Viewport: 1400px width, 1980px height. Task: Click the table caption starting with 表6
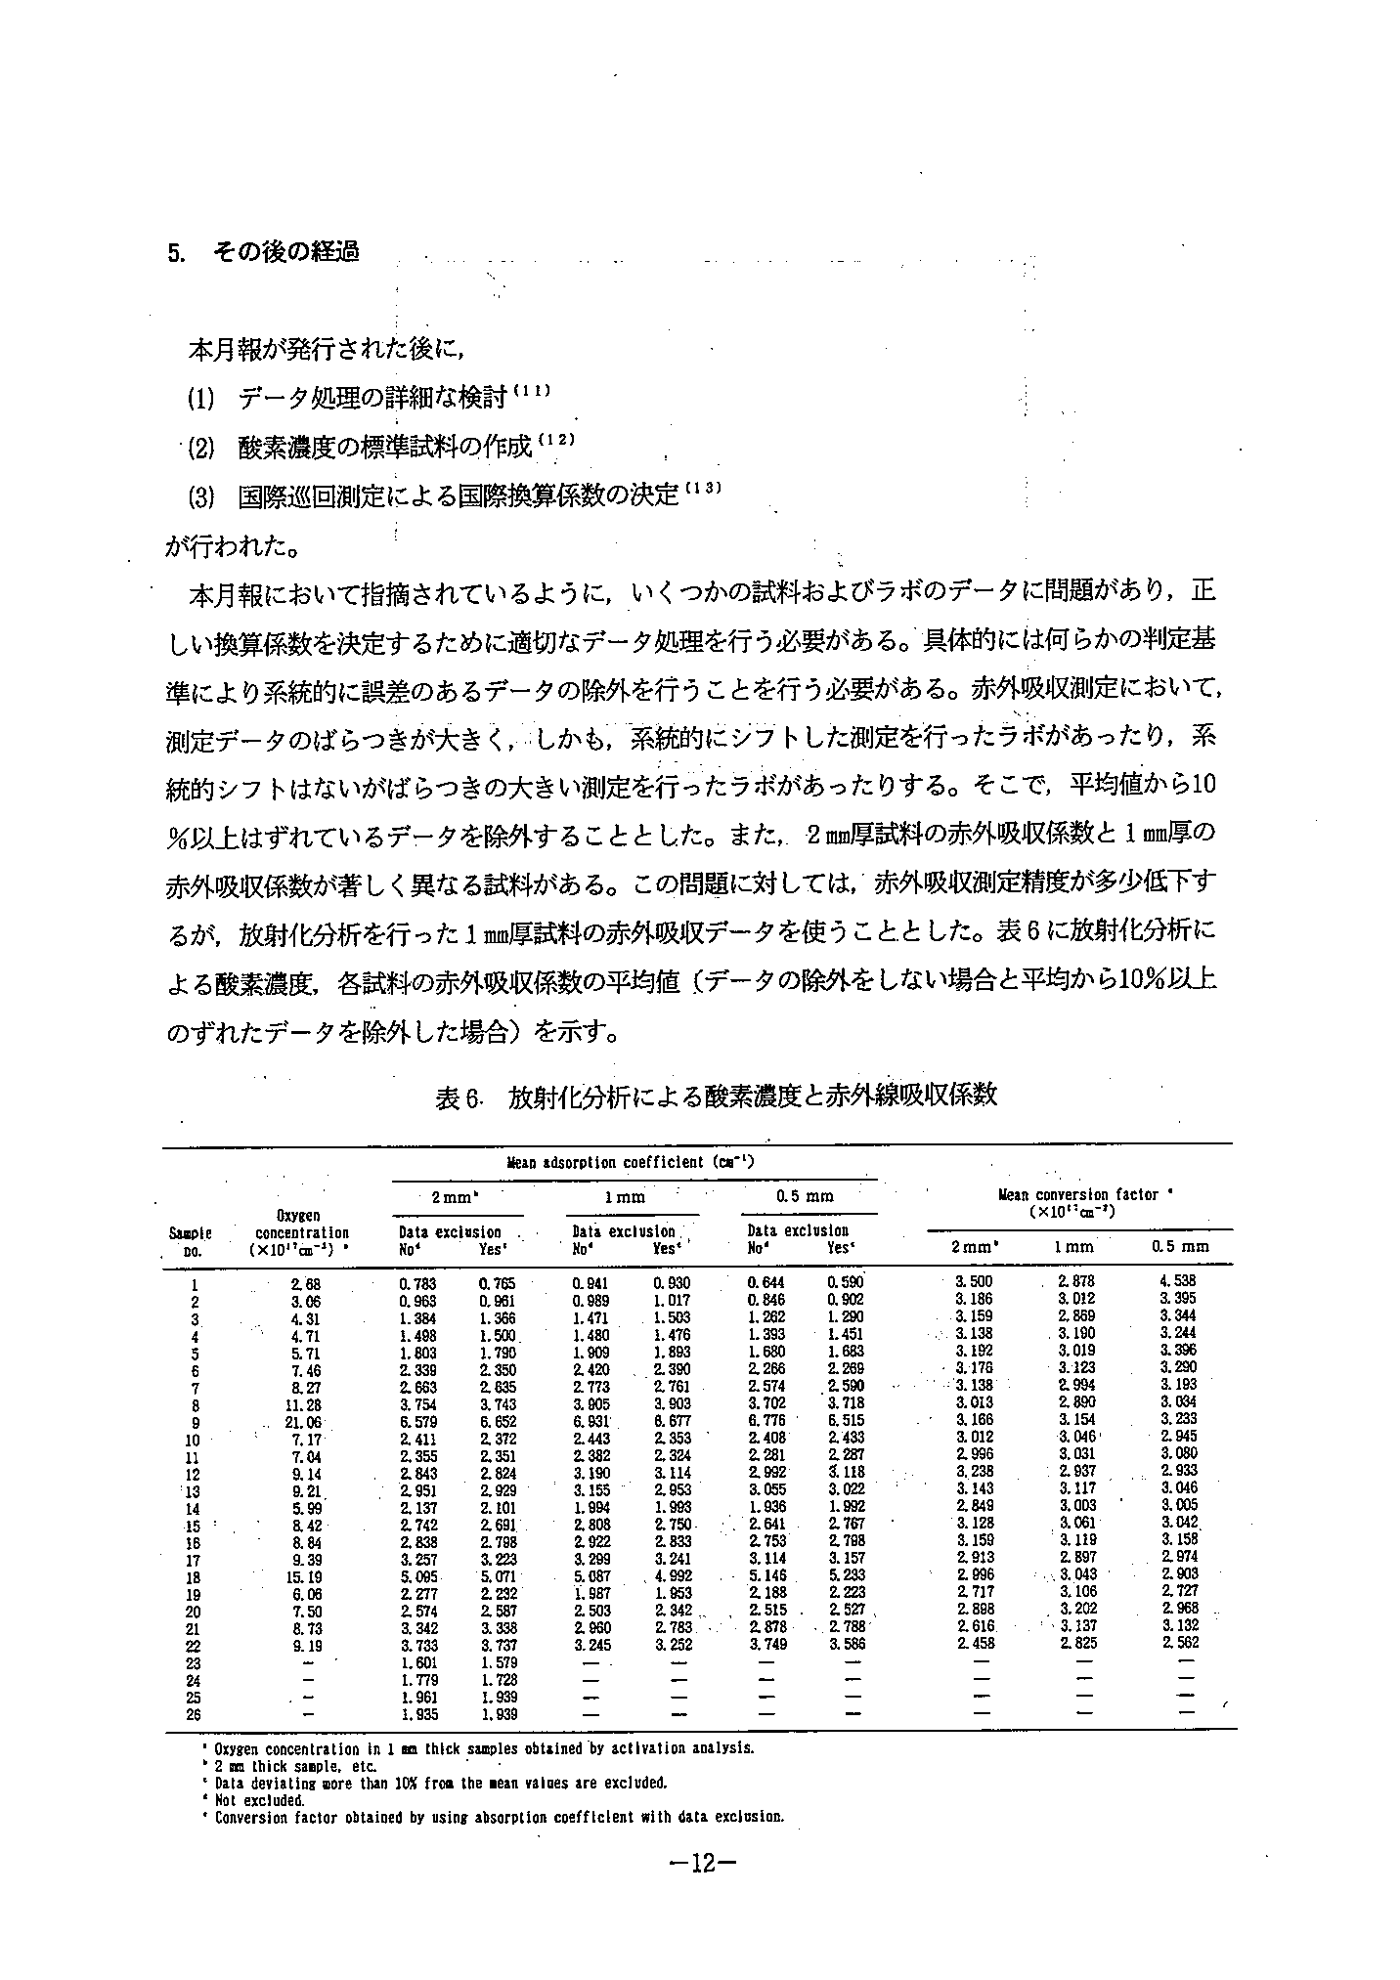pyautogui.click(x=716, y=1096)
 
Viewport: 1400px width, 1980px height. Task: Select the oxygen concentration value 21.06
pyautogui.click(x=300, y=1422)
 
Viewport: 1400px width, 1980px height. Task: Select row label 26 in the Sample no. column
pyautogui.click(x=194, y=1715)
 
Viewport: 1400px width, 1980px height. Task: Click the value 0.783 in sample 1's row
pyautogui.click(x=417, y=1283)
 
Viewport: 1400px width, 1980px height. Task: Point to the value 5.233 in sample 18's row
pyautogui.click(x=846, y=1577)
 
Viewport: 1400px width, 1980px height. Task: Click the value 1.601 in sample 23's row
pyautogui.click(x=417, y=1662)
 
